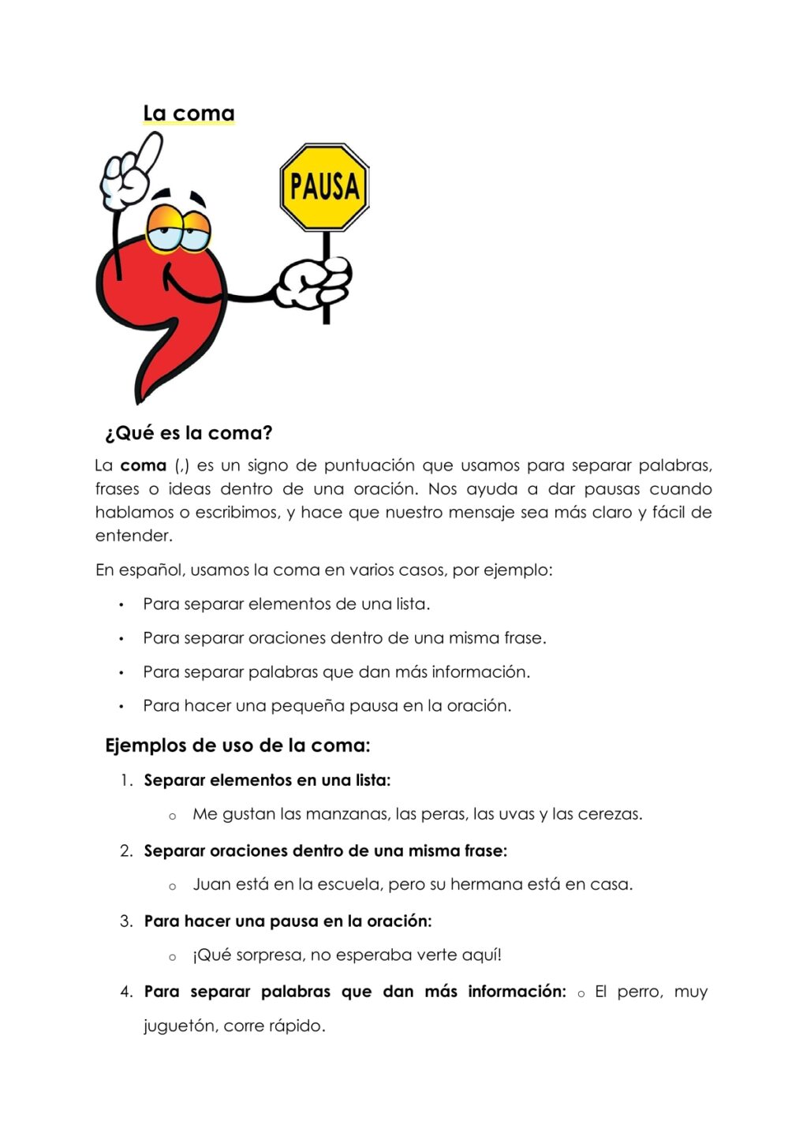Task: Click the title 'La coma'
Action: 189,114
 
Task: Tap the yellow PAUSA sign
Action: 324,187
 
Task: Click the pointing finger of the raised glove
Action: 148,149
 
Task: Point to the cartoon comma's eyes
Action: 179,227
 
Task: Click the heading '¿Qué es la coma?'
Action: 189,433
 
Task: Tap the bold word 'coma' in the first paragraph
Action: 143,465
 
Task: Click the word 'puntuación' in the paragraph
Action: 368,465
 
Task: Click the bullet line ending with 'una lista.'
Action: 286,604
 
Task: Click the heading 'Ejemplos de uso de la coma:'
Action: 237,745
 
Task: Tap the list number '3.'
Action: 126,921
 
